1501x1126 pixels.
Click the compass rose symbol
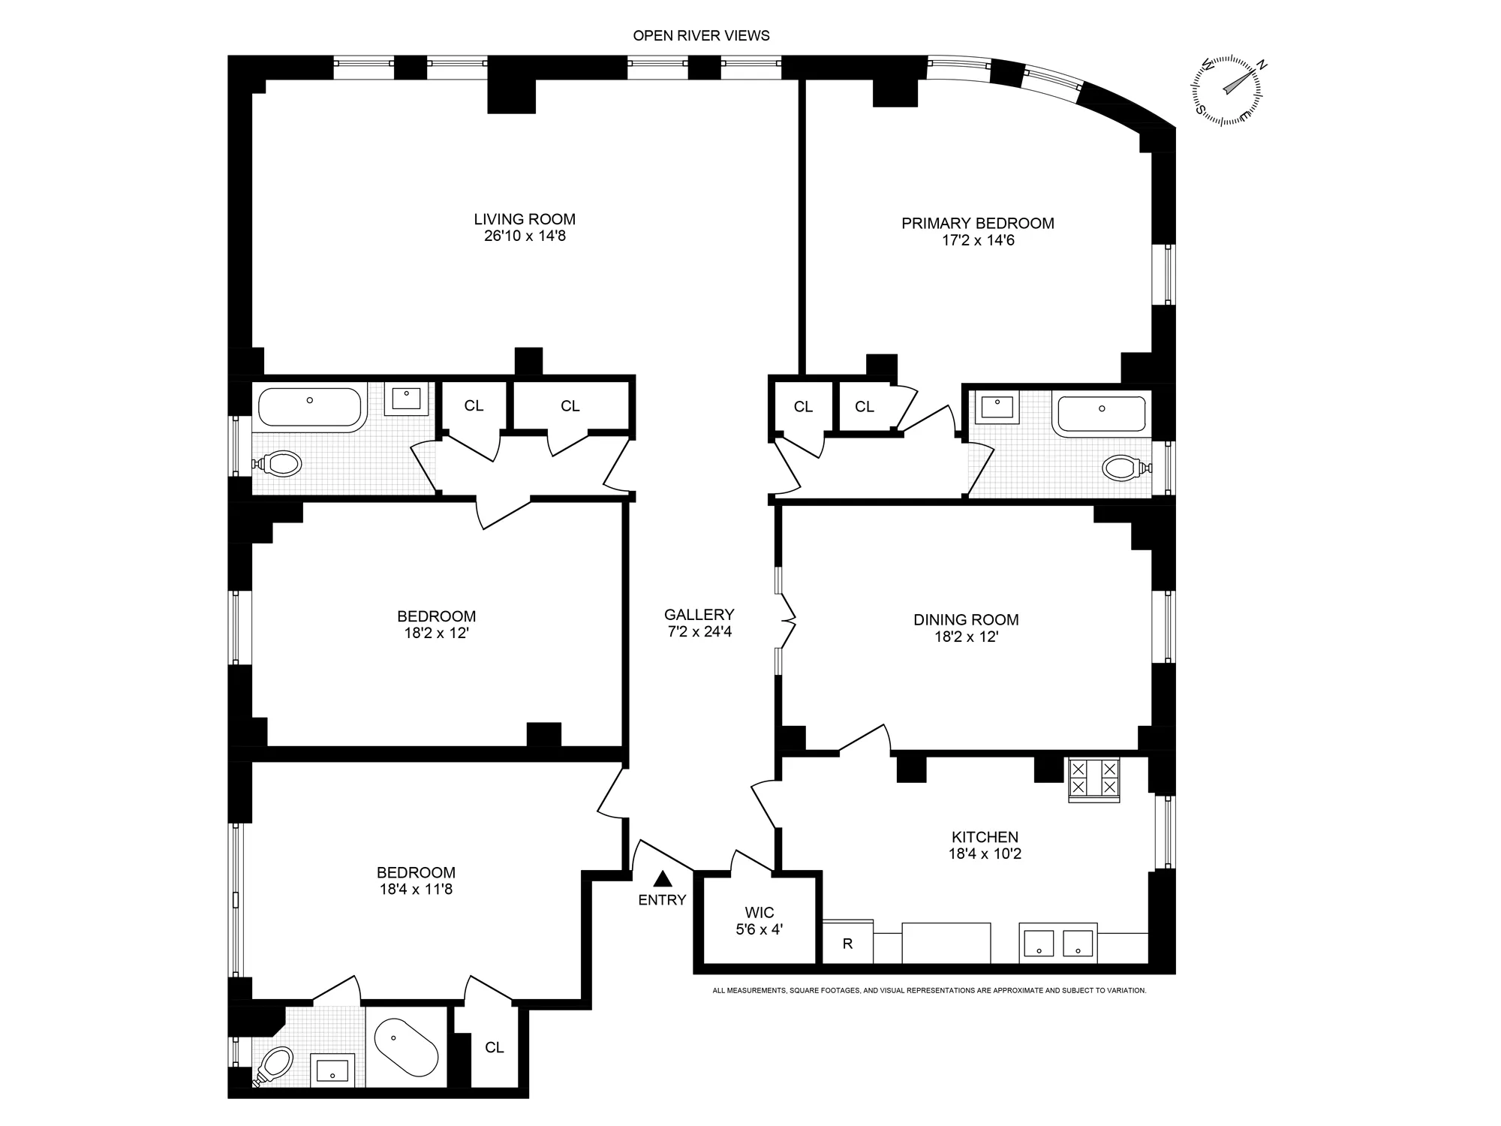[x=1226, y=90]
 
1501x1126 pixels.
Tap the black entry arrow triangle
[x=663, y=878]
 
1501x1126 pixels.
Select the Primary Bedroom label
[x=977, y=223]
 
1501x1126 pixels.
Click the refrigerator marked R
[x=847, y=944]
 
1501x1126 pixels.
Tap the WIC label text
[x=759, y=913]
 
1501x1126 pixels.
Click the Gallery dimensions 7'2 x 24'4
[x=699, y=631]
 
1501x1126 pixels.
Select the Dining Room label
[x=966, y=620]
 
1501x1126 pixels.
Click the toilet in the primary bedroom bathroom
[x=1123, y=468]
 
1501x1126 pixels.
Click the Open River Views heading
[x=701, y=35]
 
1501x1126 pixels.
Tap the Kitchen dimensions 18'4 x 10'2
[x=985, y=854]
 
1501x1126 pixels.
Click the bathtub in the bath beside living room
[x=309, y=408]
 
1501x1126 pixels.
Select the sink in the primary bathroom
[x=997, y=408]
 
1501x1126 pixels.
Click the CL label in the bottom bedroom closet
[x=494, y=1047]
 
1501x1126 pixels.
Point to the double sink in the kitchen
[x=1058, y=943]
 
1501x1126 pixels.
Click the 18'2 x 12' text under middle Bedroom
[x=436, y=633]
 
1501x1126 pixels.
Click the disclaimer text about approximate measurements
[x=929, y=991]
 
